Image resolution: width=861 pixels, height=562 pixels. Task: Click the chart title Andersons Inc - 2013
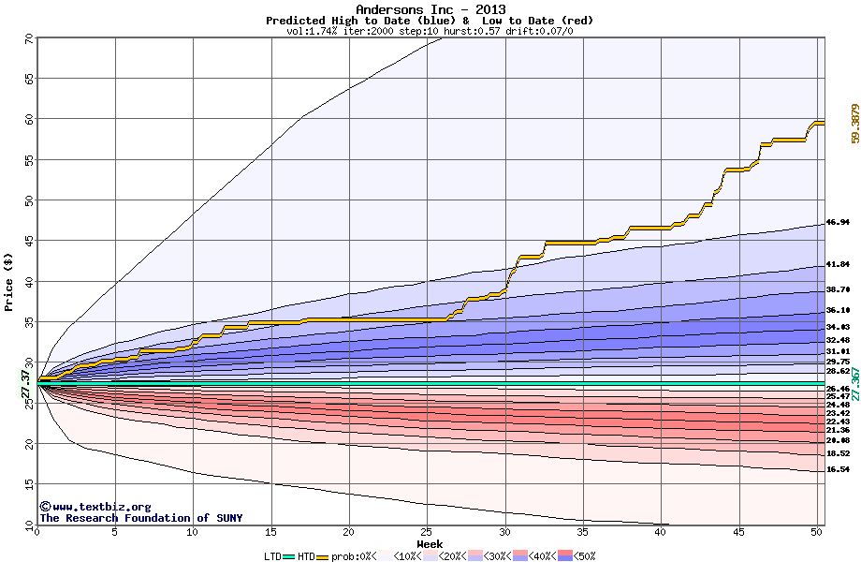[430, 9]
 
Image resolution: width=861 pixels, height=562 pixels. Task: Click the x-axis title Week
[430, 543]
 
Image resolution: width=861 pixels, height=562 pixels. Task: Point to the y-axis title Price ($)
[9, 281]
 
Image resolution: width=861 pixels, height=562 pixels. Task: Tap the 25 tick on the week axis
[427, 532]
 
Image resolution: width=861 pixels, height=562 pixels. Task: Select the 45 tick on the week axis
[738, 532]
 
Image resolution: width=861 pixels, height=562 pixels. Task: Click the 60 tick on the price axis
[29, 119]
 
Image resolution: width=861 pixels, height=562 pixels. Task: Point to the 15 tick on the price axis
[29, 483]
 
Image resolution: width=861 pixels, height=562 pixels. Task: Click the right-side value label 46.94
[838, 222]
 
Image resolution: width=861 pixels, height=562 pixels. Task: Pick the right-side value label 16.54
[838, 469]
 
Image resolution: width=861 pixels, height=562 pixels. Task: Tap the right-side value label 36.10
[838, 310]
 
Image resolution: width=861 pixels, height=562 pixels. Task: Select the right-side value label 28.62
[838, 371]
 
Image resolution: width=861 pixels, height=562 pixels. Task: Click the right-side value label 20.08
[838, 440]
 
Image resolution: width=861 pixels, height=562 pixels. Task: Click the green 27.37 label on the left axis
[26, 383]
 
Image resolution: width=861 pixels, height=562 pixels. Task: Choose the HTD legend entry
[307, 556]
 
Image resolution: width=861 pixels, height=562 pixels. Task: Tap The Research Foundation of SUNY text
[140, 518]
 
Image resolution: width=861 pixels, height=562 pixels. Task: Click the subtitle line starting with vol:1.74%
[430, 31]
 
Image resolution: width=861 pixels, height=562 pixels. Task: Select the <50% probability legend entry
[578, 556]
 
